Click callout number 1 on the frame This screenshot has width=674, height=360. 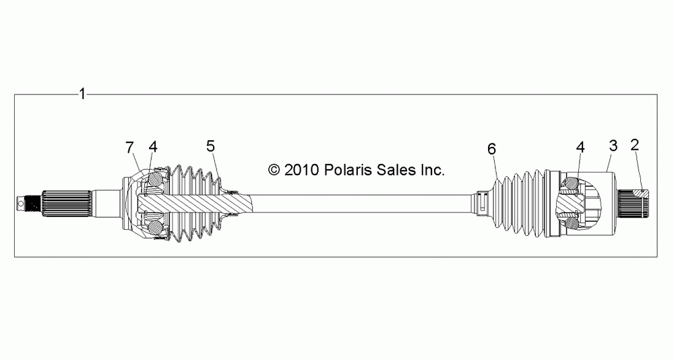click(83, 94)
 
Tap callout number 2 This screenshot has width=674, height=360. click(635, 144)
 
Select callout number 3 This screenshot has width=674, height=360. click(613, 146)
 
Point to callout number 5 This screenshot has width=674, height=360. click(210, 146)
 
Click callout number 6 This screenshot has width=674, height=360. click(492, 149)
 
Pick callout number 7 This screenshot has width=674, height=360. click(130, 148)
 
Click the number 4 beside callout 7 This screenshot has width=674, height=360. click(153, 147)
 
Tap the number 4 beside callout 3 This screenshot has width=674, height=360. click(580, 147)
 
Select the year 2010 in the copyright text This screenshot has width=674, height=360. click(301, 170)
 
